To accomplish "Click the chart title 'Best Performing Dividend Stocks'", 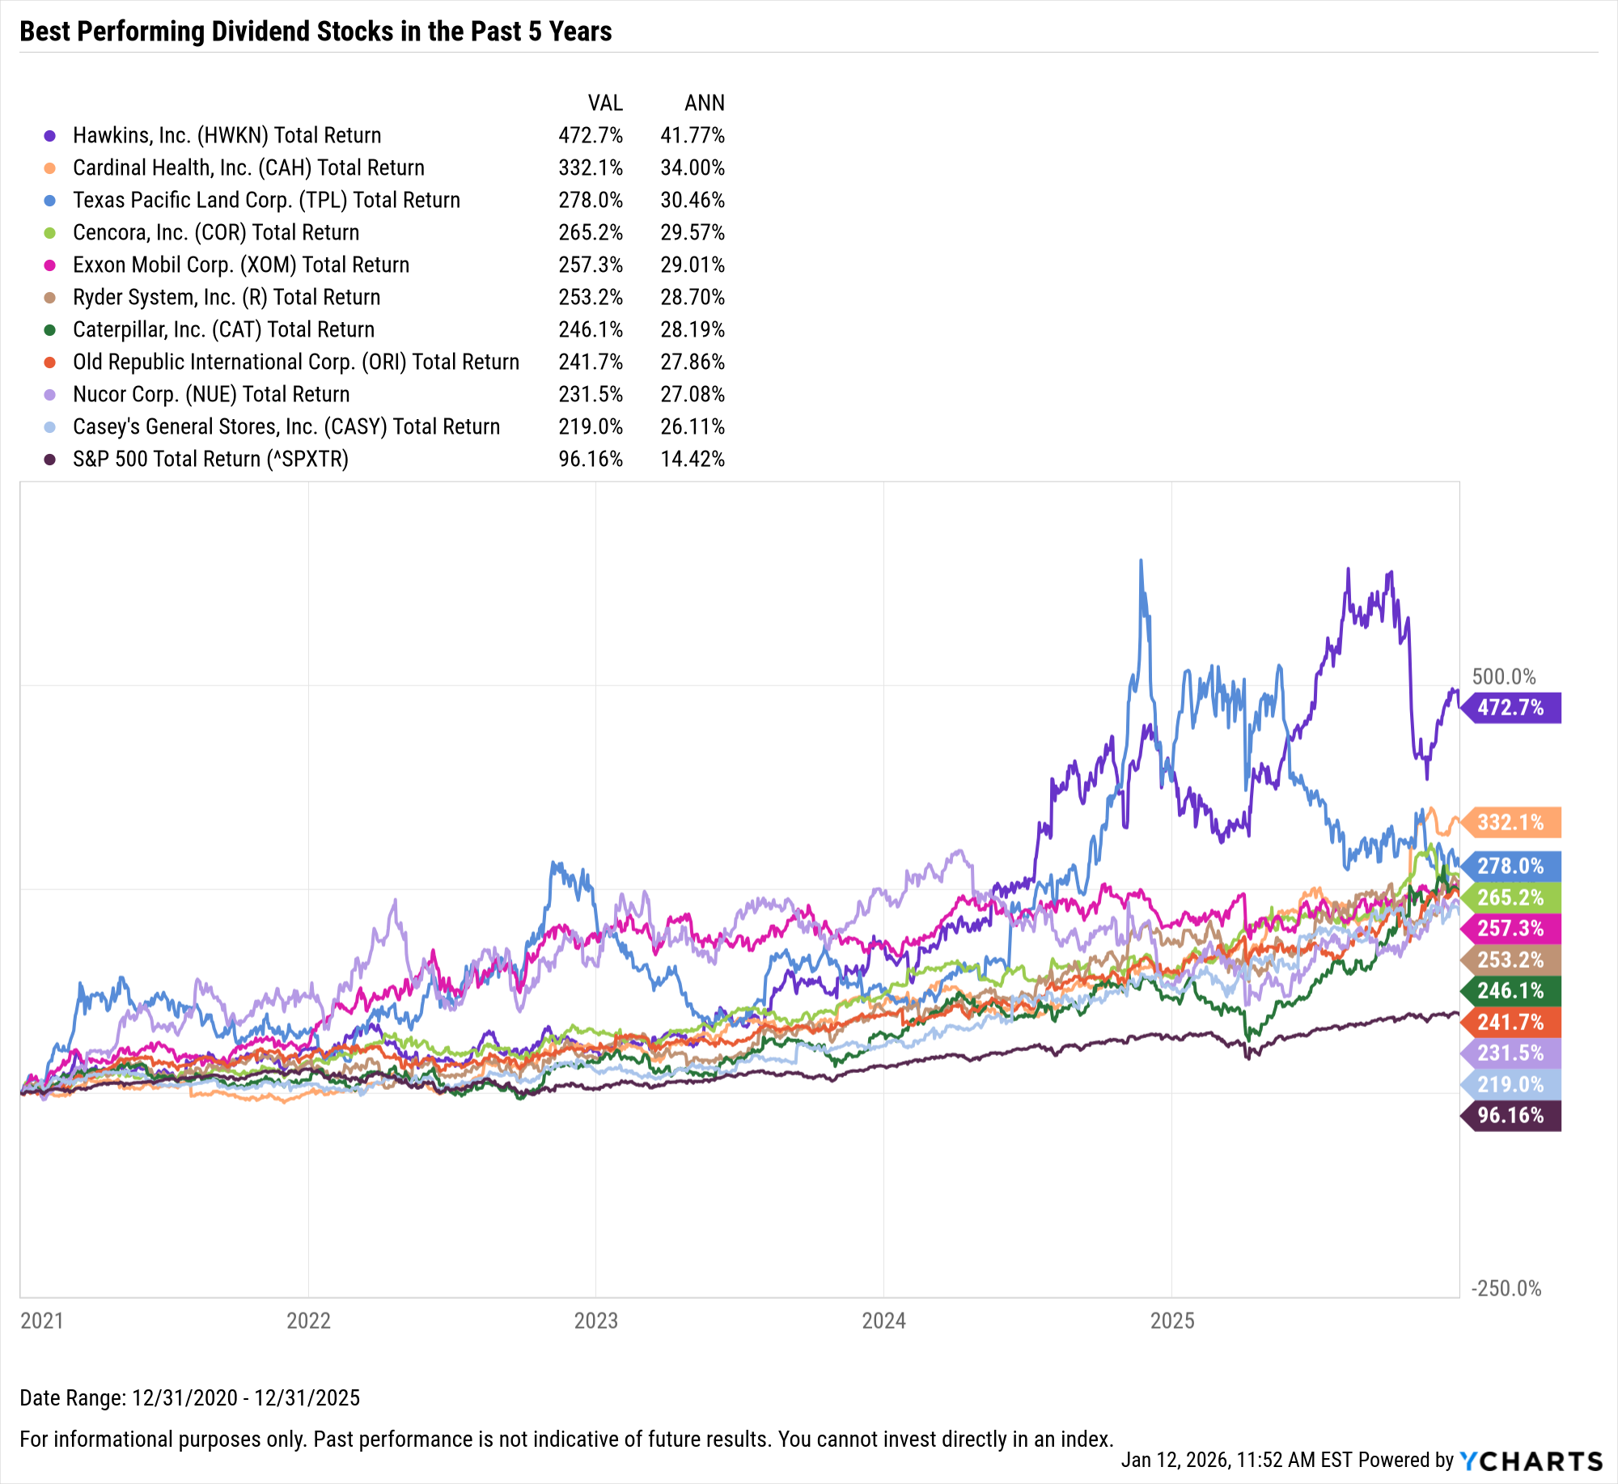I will pyautogui.click(x=316, y=32).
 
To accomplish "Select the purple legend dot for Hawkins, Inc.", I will pyautogui.click(x=50, y=136).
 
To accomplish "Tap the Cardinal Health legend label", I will pyautogui.click(x=248, y=167).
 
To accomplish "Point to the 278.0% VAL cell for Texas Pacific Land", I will pyautogui.click(x=590, y=200).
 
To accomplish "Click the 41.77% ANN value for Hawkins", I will pyautogui.click(x=692, y=135).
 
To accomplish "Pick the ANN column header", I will pyautogui.click(x=704, y=103).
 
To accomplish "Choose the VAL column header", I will pyautogui.click(x=605, y=103).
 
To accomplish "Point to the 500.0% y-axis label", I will pyautogui.click(x=1503, y=676).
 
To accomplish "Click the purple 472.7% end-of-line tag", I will pyautogui.click(x=1510, y=708).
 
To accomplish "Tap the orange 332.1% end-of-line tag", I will pyautogui.click(x=1510, y=823).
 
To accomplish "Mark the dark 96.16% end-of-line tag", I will pyautogui.click(x=1510, y=1116).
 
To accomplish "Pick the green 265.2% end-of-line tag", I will pyautogui.click(x=1510, y=897).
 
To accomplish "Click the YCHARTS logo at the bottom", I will pyautogui.click(x=1531, y=1461).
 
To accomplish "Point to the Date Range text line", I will pyautogui.click(x=189, y=1397).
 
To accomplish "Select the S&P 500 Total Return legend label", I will pyautogui.click(x=210, y=459).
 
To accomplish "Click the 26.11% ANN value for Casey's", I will pyautogui.click(x=692, y=426).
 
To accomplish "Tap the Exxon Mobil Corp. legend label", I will pyautogui.click(x=241, y=265).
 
